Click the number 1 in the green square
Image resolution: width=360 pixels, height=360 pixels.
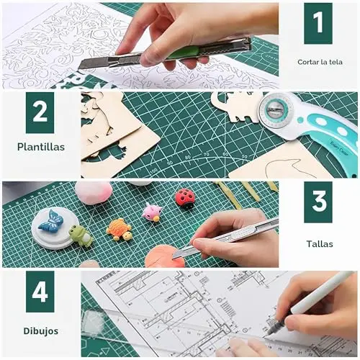[318, 22]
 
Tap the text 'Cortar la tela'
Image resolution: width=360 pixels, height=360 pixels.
[320, 62]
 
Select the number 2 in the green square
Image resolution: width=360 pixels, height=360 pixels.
[40, 112]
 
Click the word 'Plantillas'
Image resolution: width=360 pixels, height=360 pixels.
[41, 147]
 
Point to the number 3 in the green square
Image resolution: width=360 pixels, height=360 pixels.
[319, 201]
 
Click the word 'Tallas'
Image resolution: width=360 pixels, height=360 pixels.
[320, 244]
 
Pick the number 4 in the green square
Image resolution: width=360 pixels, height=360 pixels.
[40, 292]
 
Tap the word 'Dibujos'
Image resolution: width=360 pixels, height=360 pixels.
[41, 331]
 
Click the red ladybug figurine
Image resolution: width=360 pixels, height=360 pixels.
[185, 199]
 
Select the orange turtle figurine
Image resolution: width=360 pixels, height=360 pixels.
[119, 229]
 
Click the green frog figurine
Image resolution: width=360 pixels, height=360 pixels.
[81, 236]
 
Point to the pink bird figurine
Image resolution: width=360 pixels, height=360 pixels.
[151, 212]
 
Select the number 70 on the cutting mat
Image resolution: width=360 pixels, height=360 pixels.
[206, 154]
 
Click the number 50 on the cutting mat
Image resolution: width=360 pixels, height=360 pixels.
[244, 156]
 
